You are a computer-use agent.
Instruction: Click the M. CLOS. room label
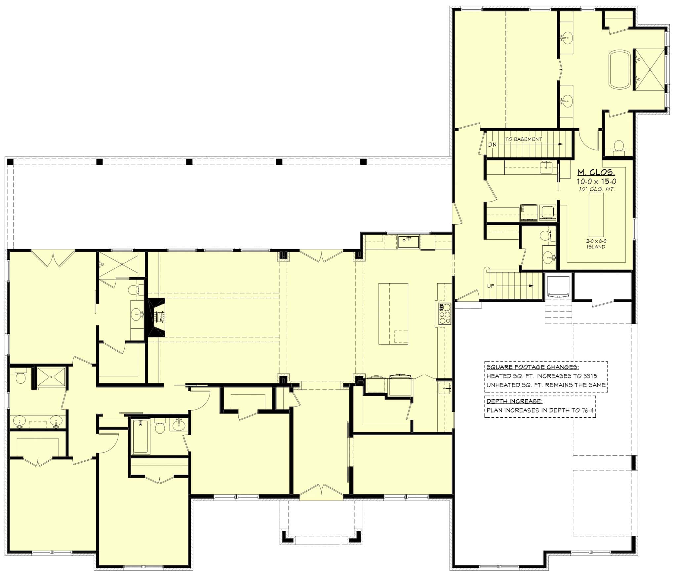596,172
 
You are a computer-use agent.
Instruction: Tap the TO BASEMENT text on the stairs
523,139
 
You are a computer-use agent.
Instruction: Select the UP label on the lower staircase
491,286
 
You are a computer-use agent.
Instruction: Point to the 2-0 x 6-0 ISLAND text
596,244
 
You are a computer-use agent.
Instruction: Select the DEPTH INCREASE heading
514,402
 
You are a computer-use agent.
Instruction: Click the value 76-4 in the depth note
585,410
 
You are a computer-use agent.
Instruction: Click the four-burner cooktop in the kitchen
444,313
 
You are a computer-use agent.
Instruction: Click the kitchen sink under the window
408,242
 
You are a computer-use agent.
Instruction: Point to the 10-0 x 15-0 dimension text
596,181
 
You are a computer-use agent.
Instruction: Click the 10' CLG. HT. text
596,189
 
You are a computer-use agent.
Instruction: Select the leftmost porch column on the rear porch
10,162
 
